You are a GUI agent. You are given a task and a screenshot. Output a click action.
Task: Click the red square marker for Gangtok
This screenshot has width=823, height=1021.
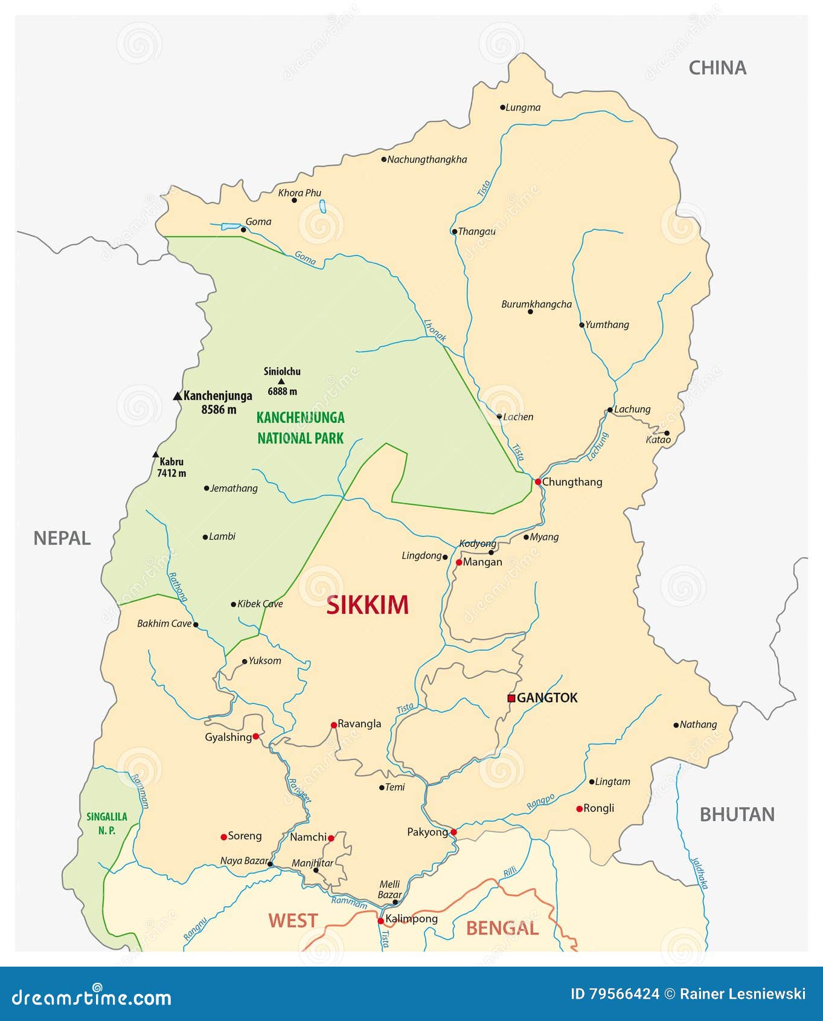(x=511, y=698)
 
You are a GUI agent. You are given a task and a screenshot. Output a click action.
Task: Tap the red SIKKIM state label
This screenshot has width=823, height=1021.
(x=367, y=605)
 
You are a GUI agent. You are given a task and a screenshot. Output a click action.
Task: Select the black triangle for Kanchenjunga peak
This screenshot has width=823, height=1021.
(x=178, y=396)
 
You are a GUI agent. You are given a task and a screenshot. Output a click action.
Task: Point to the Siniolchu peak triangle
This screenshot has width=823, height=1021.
(x=281, y=381)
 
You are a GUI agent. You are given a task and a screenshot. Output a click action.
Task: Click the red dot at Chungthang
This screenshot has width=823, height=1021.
(x=537, y=482)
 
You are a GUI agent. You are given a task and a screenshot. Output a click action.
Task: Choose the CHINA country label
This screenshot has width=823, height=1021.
(x=717, y=68)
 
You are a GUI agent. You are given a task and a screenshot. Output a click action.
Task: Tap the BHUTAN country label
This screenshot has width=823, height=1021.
(x=737, y=814)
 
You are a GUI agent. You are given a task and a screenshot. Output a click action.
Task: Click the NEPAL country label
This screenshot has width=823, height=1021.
(x=62, y=538)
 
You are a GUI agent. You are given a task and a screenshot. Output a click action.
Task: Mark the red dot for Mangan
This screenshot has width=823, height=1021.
(x=459, y=562)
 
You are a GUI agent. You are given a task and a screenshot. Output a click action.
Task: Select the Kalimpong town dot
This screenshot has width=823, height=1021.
(x=380, y=921)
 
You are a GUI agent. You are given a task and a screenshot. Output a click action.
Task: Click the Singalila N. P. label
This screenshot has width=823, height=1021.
(x=107, y=823)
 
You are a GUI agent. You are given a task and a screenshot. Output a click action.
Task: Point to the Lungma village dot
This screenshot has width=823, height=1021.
(x=502, y=108)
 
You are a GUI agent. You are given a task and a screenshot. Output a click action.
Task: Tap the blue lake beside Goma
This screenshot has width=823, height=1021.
(x=231, y=227)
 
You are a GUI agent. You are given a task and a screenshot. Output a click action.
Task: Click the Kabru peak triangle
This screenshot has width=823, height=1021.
(x=156, y=455)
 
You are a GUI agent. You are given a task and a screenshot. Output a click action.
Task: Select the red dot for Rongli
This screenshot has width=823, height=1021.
(x=580, y=809)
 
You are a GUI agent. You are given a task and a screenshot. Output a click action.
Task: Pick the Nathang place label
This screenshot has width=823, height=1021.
(x=698, y=724)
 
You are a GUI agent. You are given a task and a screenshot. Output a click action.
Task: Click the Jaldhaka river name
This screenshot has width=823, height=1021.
(x=699, y=873)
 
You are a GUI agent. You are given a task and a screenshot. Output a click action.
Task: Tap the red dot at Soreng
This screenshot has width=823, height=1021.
(x=223, y=837)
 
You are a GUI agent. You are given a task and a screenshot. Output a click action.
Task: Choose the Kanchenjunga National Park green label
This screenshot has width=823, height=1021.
(x=301, y=428)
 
